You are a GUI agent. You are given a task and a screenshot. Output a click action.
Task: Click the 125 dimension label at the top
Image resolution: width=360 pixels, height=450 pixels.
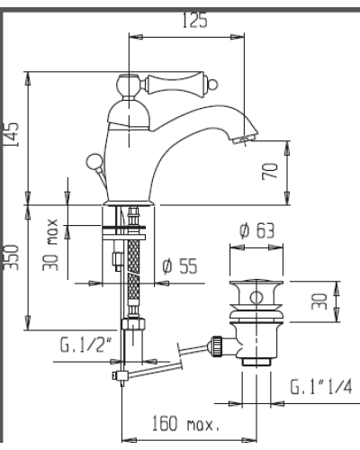tap(195, 21)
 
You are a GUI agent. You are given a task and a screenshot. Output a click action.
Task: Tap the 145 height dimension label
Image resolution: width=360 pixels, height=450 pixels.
tap(11, 134)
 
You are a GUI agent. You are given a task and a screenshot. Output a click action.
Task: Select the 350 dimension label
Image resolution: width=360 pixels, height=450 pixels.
tap(12, 257)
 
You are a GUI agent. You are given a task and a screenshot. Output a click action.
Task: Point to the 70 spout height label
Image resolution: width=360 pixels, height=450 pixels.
tap(270, 171)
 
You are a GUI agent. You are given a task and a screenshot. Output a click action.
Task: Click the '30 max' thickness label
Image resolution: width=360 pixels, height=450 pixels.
tap(50, 245)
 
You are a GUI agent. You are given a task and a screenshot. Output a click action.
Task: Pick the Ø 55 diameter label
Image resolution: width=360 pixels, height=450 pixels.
tap(180, 265)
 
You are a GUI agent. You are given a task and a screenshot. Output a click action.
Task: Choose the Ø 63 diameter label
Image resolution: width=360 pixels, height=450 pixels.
tap(256, 230)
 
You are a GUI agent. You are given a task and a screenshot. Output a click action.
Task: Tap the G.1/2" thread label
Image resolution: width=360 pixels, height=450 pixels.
tap(85, 345)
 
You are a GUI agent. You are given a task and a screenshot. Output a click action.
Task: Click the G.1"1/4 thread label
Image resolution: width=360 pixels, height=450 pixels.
tap(320, 386)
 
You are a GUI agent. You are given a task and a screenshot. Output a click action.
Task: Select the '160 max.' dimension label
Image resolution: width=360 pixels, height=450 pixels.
tap(185, 423)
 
